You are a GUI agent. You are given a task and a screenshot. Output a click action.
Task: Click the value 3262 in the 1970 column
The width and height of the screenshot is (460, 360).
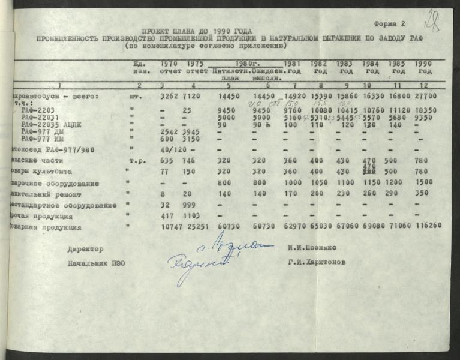click(170, 96)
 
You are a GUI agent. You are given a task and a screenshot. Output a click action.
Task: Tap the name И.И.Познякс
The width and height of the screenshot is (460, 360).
click(311, 248)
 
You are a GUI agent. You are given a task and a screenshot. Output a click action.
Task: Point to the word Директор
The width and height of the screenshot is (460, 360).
click(86, 248)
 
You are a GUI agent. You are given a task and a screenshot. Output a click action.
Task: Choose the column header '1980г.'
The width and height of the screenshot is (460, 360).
click(247, 63)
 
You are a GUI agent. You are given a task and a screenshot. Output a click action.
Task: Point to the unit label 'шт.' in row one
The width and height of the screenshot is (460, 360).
click(136, 96)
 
